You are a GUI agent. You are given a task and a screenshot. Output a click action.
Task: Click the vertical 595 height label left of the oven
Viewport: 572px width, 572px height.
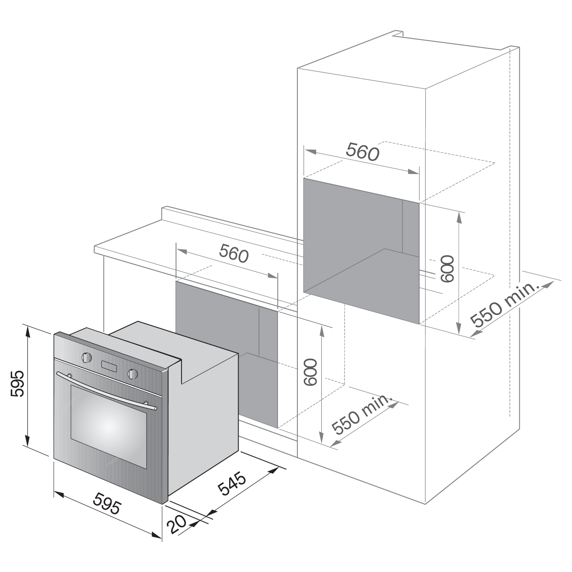point(17,383)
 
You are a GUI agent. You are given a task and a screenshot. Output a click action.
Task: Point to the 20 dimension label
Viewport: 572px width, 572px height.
point(176,532)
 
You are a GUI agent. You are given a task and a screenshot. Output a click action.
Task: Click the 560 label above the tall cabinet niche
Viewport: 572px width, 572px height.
point(363,151)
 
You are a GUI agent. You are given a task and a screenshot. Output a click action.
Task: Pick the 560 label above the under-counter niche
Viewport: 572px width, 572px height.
point(234,253)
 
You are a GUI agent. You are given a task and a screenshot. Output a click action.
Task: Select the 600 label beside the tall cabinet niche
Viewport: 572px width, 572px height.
point(447,269)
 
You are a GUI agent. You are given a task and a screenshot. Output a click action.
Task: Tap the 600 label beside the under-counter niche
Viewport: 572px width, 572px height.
point(311,372)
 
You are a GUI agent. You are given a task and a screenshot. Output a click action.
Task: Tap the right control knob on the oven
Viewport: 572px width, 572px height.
point(133,374)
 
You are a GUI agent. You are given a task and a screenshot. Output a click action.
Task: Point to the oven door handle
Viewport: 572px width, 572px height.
point(107,390)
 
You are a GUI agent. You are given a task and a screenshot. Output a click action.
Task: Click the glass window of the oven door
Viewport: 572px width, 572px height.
point(109,427)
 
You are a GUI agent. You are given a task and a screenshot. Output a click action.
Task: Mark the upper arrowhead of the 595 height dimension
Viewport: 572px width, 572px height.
point(27,330)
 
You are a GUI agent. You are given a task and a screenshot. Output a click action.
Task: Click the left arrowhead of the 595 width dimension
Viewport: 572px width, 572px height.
point(58,495)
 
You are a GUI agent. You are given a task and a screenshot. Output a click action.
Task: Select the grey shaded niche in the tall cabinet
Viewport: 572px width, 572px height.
point(361,251)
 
